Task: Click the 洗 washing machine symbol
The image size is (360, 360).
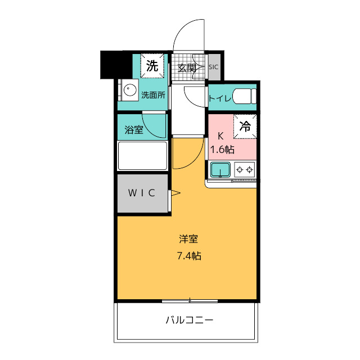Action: pyautogui.click(x=152, y=66)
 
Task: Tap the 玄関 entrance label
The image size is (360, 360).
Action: pyautogui.click(x=187, y=68)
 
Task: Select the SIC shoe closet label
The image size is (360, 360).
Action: pyautogui.click(x=213, y=67)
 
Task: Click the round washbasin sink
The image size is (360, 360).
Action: pyautogui.click(x=130, y=89)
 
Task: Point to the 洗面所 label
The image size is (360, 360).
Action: pyautogui.click(x=153, y=95)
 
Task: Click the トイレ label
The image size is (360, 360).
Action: pyautogui.click(x=220, y=98)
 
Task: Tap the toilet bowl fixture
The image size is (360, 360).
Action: pyautogui.click(x=244, y=96)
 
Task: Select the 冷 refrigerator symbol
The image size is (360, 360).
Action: pyautogui.click(x=245, y=126)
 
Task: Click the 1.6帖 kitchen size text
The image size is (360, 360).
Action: pyautogui.click(x=222, y=150)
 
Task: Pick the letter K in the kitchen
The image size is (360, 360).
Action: pyautogui.click(x=220, y=136)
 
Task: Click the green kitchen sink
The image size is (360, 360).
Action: pyautogui.click(x=220, y=170)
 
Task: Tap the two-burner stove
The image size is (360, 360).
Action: pyautogui.click(x=245, y=170)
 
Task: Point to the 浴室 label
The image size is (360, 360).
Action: pyautogui.click(x=134, y=130)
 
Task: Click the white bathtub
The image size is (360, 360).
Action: pyautogui.click(x=142, y=156)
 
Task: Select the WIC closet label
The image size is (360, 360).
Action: pyautogui.click(x=142, y=193)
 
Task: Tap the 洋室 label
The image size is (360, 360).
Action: pyautogui.click(x=188, y=239)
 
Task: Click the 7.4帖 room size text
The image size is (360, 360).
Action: pyautogui.click(x=189, y=255)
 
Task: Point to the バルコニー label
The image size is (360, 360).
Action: pyautogui.click(x=190, y=320)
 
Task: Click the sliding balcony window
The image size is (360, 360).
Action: pyautogui.click(x=190, y=301)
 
